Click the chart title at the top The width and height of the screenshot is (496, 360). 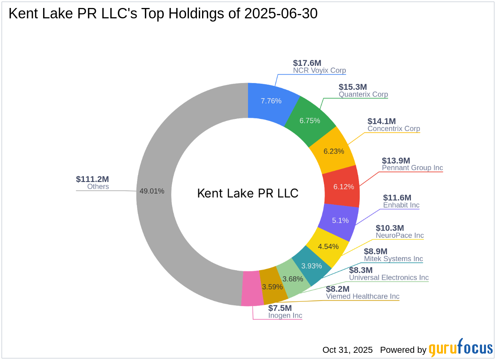163,14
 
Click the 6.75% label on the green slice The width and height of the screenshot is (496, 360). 310,121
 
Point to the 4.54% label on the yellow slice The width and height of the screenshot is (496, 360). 328,247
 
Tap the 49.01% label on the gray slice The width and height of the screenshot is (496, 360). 152,191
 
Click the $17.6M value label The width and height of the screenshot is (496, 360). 307,63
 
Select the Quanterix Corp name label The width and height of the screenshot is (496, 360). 363,95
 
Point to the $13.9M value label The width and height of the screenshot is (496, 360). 396,160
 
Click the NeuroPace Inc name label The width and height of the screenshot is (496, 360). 399,235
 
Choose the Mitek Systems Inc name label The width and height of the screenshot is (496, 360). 393,259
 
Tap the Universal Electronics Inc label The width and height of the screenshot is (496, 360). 389,277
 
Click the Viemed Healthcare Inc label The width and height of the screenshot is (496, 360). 362,296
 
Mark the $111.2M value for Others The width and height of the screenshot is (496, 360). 92,179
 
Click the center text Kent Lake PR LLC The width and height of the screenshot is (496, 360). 248,194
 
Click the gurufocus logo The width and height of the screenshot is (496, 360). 460,348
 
